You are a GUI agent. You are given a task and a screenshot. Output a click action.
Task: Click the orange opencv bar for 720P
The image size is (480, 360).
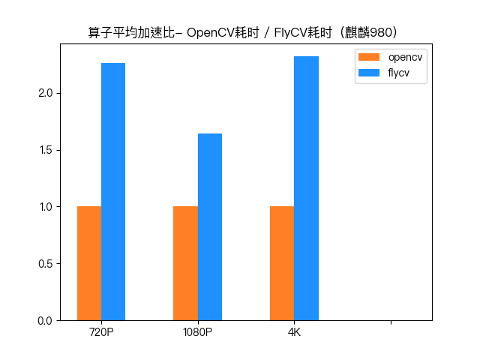(89, 263)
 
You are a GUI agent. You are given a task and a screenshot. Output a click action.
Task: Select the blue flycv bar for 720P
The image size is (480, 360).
(113, 191)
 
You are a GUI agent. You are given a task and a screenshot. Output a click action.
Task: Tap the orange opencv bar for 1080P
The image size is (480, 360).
(185, 263)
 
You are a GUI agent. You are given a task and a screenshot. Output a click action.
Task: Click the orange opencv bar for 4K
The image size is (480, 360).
(282, 263)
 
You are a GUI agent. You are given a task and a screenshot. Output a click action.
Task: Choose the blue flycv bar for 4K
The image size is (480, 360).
(306, 188)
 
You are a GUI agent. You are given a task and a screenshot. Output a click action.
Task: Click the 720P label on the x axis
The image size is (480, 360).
(101, 332)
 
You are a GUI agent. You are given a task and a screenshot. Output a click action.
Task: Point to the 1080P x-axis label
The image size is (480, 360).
(197, 332)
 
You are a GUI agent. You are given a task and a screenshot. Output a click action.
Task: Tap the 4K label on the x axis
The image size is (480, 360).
(294, 332)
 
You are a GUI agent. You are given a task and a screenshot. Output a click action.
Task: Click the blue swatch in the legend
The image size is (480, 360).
(370, 73)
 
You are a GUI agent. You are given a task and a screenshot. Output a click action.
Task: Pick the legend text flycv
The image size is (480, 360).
(398, 73)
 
